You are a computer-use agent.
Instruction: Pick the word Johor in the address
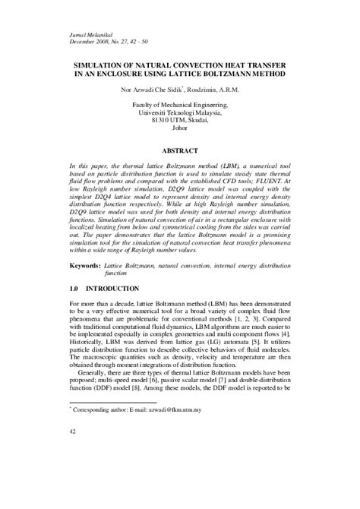coord(180,130)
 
